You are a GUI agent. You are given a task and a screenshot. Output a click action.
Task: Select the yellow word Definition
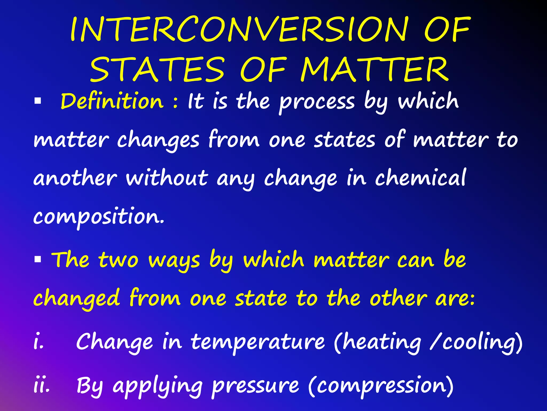point(112,101)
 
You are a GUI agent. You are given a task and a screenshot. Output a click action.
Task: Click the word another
point(75,178)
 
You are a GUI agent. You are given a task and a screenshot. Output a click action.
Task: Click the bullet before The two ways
point(38,259)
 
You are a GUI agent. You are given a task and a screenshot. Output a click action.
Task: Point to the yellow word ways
point(174,261)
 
